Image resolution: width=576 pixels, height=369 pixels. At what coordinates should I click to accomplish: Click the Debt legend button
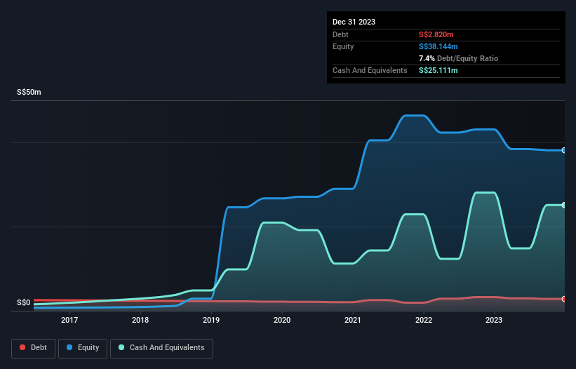click(x=33, y=347)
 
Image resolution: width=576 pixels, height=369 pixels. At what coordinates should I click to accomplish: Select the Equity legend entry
click(x=83, y=347)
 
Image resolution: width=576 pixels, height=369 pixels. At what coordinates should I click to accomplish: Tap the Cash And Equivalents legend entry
click(x=161, y=347)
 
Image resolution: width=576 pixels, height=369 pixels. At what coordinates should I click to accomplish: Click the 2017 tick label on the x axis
click(x=69, y=321)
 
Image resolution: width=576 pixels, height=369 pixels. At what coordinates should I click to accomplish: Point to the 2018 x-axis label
click(x=140, y=321)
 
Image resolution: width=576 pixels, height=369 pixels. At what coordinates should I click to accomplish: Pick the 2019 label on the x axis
click(x=211, y=321)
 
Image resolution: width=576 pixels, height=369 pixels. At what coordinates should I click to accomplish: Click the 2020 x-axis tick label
click(x=282, y=321)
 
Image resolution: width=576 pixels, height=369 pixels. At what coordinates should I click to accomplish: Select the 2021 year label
click(x=353, y=321)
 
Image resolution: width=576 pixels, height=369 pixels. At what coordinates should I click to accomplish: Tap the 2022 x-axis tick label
click(x=424, y=321)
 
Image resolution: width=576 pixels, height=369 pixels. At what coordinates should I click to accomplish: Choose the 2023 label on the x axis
click(x=495, y=321)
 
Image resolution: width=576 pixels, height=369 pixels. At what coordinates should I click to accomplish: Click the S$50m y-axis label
click(x=29, y=93)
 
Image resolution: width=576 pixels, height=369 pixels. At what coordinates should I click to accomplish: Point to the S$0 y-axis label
click(x=24, y=303)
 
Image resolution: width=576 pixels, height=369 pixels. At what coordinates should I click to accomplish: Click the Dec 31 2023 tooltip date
click(x=354, y=22)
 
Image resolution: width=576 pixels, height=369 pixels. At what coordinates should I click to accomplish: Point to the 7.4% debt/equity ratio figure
click(x=427, y=58)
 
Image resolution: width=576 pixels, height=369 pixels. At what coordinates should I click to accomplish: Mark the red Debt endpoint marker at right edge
click(x=563, y=299)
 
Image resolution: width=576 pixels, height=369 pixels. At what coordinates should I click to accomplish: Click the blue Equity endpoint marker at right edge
click(x=563, y=150)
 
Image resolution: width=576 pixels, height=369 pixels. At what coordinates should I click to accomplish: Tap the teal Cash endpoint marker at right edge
click(x=563, y=205)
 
